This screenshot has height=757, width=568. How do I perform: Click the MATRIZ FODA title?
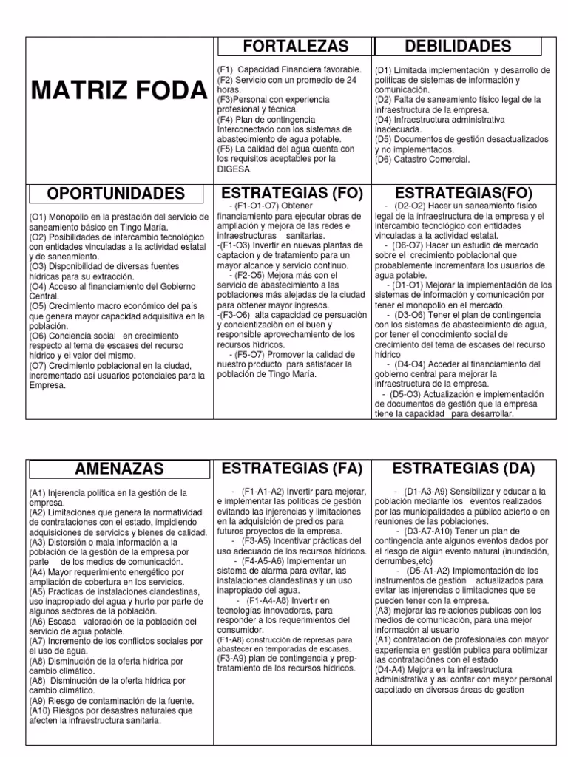pos(118,91)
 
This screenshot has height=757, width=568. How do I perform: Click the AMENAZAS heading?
pos(119,469)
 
